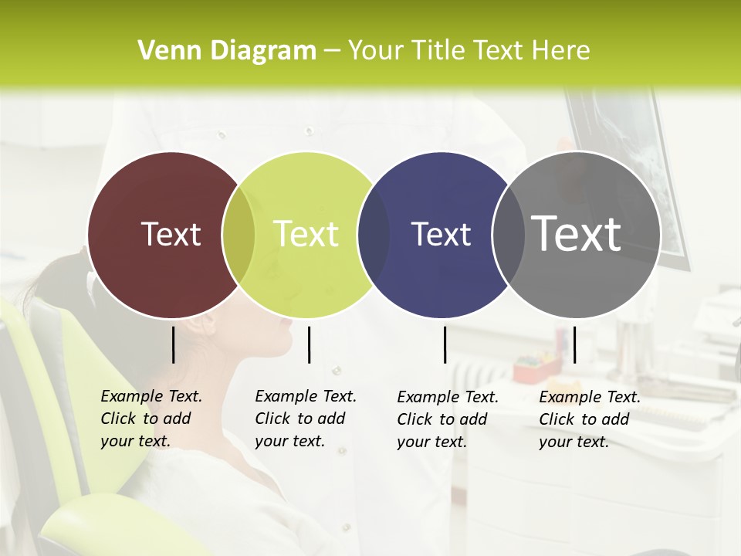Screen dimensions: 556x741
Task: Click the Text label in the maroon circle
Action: (171, 234)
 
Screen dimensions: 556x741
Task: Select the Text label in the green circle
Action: (306, 234)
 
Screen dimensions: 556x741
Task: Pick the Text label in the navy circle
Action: (441, 234)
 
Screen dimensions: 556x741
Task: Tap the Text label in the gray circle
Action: (577, 233)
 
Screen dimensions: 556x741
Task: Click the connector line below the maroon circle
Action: (173, 344)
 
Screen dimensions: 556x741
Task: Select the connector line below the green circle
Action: (309, 344)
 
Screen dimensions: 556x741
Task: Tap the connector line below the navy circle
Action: (445, 344)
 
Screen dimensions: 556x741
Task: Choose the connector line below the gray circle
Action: (574, 344)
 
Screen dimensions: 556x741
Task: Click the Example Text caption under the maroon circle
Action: (151, 419)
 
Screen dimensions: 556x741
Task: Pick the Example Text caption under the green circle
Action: (305, 419)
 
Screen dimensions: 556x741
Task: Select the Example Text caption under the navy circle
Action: (447, 419)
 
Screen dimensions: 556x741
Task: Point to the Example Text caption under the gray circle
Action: (589, 419)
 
